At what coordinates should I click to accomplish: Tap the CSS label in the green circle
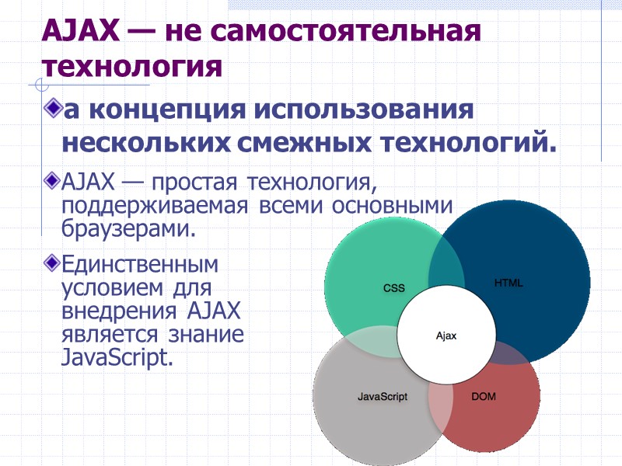coord(394,288)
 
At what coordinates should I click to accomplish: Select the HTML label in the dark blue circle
coord(508,283)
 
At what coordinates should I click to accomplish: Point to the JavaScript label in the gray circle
coord(383,396)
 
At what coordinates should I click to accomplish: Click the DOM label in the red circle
coord(484,396)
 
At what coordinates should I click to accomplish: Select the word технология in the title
coord(131,65)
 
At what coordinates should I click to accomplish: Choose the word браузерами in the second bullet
coord(124,230)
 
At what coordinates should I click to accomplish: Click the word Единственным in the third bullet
coord(139,264)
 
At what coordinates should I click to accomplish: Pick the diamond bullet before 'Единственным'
coord(53,263)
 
